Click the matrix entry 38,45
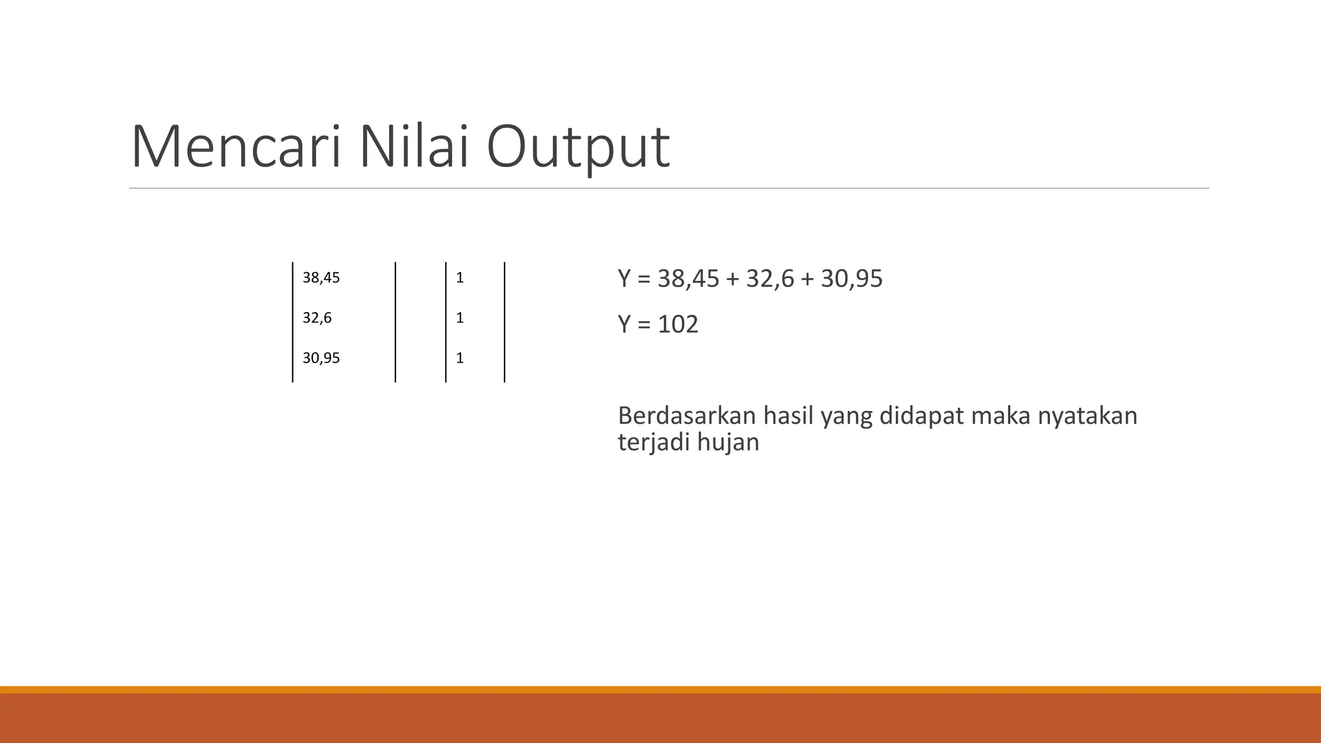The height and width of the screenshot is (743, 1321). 321,278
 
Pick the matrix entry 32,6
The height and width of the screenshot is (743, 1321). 317,318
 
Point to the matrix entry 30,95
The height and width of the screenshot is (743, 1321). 321,358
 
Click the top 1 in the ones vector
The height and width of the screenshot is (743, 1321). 460,278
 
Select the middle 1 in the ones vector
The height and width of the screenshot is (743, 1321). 460,318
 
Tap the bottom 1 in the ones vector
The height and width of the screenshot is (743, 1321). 460,358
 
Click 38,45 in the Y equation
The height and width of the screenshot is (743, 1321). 688,279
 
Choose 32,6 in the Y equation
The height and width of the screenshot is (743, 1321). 770,279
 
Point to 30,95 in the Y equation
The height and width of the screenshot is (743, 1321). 851,279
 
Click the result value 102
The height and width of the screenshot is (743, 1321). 678,324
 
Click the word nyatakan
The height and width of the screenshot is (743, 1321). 1088,416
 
